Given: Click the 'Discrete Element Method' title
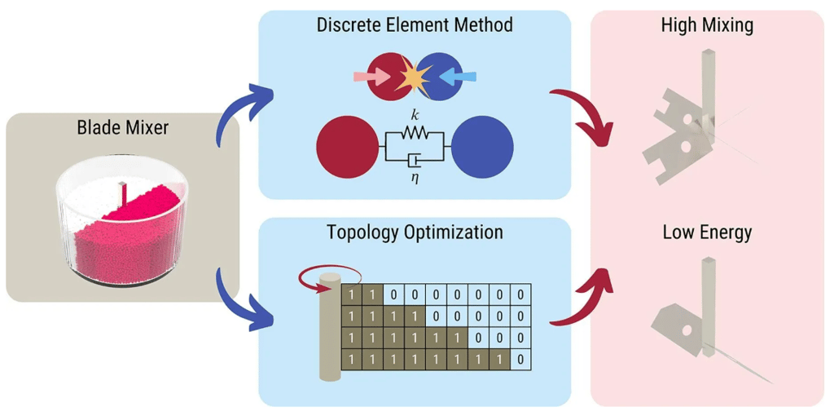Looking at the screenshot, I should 415,25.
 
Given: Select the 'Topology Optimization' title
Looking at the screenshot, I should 415,232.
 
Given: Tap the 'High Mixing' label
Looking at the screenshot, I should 707,25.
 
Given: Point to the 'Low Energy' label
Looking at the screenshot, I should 707,232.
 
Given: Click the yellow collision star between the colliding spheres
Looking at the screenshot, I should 415,77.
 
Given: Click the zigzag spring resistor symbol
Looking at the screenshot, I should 415,133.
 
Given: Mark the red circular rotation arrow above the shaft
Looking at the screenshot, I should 327,277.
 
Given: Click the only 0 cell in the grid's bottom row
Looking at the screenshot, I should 520,359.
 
